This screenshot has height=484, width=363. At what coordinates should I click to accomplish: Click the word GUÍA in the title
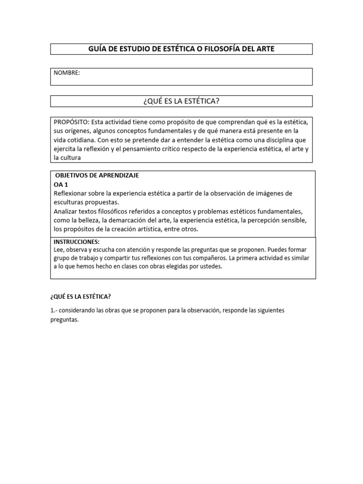pos(98,49)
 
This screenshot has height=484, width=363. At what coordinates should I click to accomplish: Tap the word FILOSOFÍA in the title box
pos(225,49)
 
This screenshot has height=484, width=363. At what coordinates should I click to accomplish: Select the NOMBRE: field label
pos(67,73)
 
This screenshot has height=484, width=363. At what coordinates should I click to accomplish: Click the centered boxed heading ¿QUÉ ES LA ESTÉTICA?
pos(181,101)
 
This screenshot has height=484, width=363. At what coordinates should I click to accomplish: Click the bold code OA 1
pos(61,184)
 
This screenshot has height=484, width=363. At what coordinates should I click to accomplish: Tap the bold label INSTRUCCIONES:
pos(76,242)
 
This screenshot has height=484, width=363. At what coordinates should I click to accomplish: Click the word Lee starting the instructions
pos(58,250)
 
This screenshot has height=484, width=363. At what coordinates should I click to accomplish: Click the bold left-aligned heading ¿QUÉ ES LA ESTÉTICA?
pos(80,297)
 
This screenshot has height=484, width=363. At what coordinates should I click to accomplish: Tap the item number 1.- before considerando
pos(54,311)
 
